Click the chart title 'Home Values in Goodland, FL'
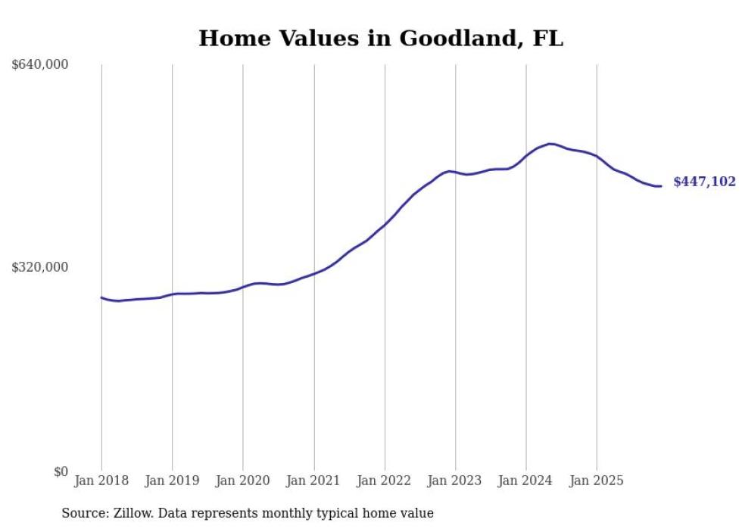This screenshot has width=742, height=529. coord(381,39)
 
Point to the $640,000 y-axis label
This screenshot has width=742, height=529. coord(40,65)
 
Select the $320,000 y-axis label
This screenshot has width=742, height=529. coord(40,267)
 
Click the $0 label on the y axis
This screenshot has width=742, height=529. coord(61,471)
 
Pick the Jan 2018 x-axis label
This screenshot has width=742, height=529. coord(101,481)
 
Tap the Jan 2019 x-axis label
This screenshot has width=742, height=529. coord(172,481)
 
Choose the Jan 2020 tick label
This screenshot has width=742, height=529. coord(243,481)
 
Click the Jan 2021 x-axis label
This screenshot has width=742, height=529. coord(313,481)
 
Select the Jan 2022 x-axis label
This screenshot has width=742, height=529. coord(385,481)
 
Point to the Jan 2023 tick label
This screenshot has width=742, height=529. coord(455,481)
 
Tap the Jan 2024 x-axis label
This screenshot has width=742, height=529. coord(526,481)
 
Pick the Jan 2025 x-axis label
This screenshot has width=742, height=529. coord(597,481)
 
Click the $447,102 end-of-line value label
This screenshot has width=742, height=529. coord(704,182)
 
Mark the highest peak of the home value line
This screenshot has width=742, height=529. coord(550,144)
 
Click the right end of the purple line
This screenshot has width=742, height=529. coord(661,186)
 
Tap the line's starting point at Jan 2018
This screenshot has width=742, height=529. coord(101,297)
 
